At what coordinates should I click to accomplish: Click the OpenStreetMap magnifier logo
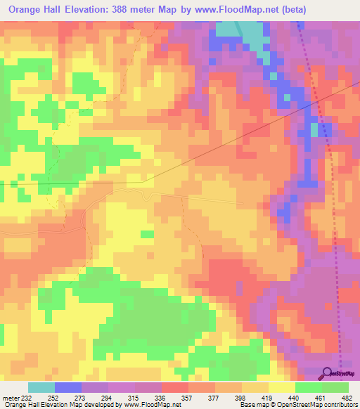[x=328, y=373]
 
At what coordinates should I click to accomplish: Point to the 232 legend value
[x=27, y=398]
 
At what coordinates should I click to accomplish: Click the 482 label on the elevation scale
[x=346, y=398]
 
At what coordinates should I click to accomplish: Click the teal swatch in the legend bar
[x=41, y=387]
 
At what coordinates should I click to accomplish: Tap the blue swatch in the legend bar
[x=67, y=387]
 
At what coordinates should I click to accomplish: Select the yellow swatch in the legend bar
[x=281, y=387]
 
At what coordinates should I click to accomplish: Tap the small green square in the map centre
[x=147, y=234]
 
